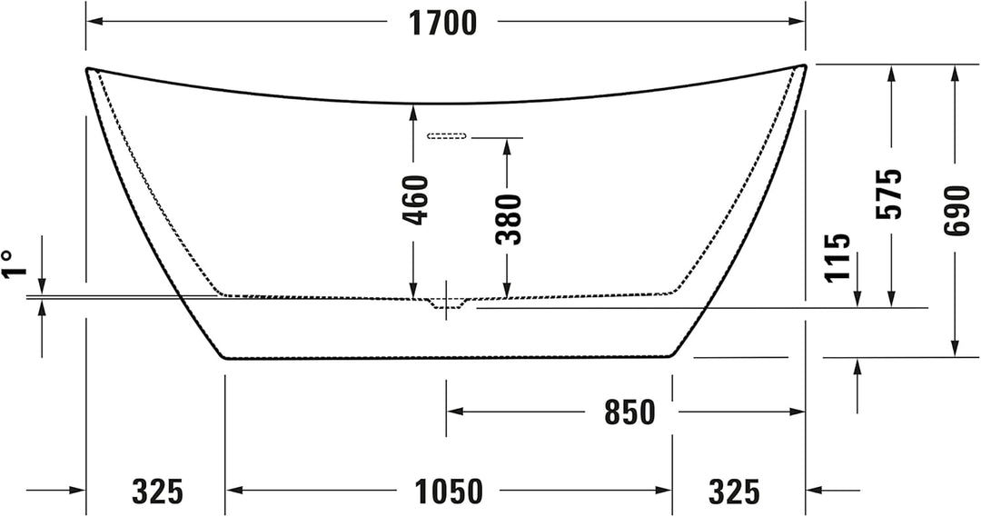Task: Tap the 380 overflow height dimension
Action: pos(509,219)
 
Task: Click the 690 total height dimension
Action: pos(955,210)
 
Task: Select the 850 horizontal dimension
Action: pos(630,413)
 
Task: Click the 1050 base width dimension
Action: pos(449,492)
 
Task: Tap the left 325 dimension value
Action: pos(157,492)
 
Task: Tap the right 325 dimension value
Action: pos(733,492)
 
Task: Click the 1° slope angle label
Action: pos(10,265)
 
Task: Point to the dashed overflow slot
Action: pos(446,136)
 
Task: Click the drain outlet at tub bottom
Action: pos(445,303)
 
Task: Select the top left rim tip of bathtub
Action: pos(88,69)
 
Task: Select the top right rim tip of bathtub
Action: pos(803,66)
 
